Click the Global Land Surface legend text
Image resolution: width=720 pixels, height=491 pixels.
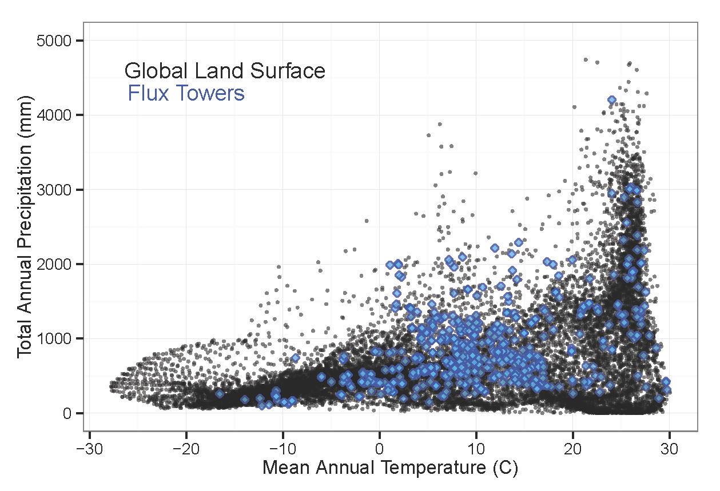pos(225,71)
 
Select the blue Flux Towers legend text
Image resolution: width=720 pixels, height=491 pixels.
pos(186,93)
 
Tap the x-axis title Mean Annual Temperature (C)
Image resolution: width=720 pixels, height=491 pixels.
pos(390,468)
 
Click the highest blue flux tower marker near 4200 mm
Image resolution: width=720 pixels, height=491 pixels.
pos(611,100)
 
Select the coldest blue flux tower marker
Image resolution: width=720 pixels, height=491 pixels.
pos(220,394)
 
